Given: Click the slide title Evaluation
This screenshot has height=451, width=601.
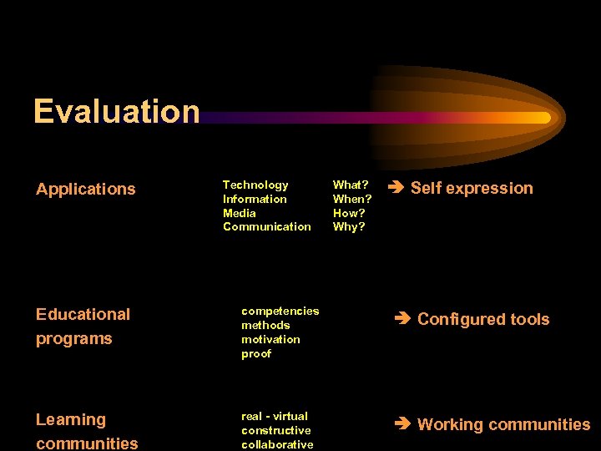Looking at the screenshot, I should point(116,111).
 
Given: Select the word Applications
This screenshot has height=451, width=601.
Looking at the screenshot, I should point(85,189).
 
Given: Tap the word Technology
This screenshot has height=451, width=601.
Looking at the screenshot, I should point(255,185).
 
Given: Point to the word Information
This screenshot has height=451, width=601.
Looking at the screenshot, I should point(255,199).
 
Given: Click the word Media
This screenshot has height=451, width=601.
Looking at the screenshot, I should point(240,213).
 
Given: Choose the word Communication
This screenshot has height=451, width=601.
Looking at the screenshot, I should point(266,226).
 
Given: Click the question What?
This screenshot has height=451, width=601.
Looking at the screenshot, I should point(351,185).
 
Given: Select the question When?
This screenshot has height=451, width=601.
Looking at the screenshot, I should point(352,199).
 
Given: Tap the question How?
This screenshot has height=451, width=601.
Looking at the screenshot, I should point(349,213).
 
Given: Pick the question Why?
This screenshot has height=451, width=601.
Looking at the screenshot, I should point(349,226).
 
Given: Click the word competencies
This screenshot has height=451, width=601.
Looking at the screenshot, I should point(280,311).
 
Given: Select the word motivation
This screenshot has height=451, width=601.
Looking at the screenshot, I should point(270,339).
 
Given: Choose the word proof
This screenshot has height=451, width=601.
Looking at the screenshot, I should point(256,353).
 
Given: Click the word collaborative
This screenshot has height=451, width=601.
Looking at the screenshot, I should point(277,444).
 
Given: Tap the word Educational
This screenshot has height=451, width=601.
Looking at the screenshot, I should point(83,314).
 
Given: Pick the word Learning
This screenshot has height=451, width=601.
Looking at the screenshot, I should point(71,419).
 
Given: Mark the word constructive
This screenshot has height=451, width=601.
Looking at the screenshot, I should point(275,430).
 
